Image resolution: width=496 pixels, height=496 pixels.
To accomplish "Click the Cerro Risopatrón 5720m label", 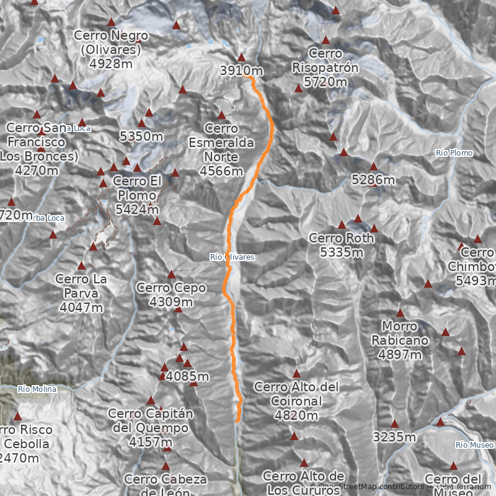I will pyautogui.click(x=325, y=68).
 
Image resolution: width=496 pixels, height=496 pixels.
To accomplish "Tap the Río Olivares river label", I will pyautogui.click(x=232, y=257).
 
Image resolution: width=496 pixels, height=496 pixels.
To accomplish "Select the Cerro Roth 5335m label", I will pyautogui.click(x=342, y=245).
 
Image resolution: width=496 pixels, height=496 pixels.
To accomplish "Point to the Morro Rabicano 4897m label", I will pyautogui.click(x=400, y=340).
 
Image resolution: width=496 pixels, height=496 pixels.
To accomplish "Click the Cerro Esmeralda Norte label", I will pyautogui.click(x=221, y=149).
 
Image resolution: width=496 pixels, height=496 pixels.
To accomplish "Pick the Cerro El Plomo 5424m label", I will pyautogui.click(x=138, y=195).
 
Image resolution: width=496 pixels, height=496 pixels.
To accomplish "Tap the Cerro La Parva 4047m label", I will pyautogui.click(x=81, y=293).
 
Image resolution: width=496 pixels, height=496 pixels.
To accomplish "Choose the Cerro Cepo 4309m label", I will pyautogui.click(x=171, y=294).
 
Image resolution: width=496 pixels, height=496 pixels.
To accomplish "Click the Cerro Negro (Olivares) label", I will pyautogui.click(x=112, y=49).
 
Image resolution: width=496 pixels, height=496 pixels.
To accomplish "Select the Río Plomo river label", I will pyautogui.click(x=454, y=153).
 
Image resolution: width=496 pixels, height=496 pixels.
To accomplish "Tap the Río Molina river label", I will pyautogui.click(x=37, y=389).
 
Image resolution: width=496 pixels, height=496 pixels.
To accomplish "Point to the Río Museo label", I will pyautogui.click(x=474, y=445).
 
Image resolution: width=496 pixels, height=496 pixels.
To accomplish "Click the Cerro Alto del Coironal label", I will pyautogui.click(x=296, y=401).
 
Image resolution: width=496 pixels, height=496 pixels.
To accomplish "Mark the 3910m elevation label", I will pyautogui.click(x=241, y=71).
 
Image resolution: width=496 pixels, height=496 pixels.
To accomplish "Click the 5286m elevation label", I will pyautogui.click(x=373, y=180).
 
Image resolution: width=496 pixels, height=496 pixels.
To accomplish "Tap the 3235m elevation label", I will pyautogui.click(x=394, y=437).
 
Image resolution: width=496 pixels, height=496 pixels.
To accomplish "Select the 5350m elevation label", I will pyautogui.click(x=141, y=136).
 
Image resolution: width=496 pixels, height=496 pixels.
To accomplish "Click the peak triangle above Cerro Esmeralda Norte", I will pyautogui.click(x=221, y=115).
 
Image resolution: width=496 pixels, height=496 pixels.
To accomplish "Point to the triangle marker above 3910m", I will pyautogui.click(x=241, y=57).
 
